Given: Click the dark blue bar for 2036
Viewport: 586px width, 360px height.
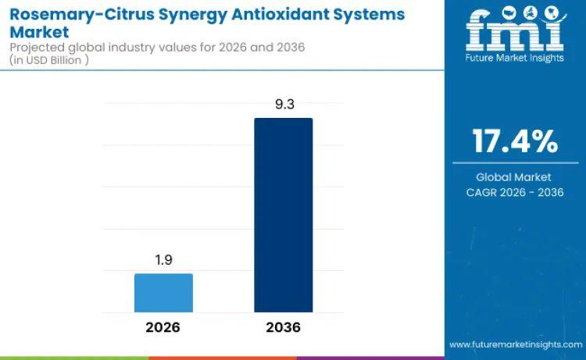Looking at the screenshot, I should coord(283,215).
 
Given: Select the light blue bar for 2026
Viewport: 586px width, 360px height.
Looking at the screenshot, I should coord(163,293).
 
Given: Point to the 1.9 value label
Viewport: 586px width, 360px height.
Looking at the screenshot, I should coord(163,258).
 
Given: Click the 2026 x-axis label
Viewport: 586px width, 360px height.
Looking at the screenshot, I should coord(163,327).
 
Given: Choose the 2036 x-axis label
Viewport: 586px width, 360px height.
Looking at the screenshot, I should coord(283,327).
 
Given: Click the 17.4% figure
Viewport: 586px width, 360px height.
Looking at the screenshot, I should coord(515,141).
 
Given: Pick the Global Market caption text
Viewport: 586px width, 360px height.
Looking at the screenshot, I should coord(514,177).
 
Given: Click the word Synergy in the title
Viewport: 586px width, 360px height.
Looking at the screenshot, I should coord(176,14).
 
